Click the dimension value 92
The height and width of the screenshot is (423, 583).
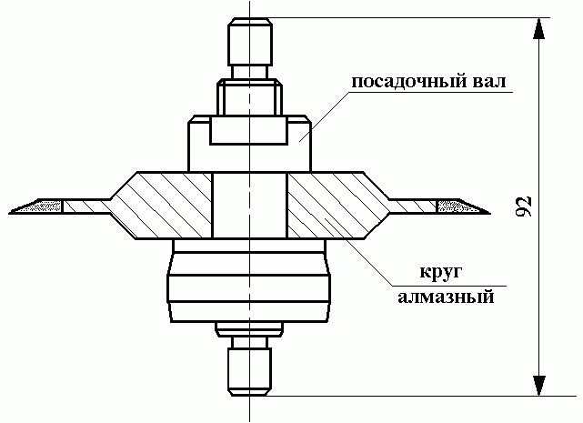pos(524,206)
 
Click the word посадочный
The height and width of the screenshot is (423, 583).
pos(404,82)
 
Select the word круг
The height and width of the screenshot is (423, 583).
pos(441,272)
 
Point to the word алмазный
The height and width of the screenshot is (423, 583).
pos(447,297)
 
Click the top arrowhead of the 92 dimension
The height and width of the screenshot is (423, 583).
pos(538,28)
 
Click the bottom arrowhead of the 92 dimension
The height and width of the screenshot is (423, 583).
pos(538,386)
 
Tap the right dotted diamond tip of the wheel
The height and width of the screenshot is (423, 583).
pos(463,206)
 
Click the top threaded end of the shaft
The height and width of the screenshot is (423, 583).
pos(250,41)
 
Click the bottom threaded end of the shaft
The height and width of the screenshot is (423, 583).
pos(250,372)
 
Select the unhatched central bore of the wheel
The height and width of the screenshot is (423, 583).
pos(250,205)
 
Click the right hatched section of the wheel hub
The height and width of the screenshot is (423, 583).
pos(335,205)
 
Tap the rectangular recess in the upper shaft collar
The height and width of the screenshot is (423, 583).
pos(248,130)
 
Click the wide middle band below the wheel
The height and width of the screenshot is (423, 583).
pos(248,288)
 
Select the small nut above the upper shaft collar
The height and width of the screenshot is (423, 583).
pos(249,96)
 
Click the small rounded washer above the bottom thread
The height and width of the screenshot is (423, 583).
pos(249,329)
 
